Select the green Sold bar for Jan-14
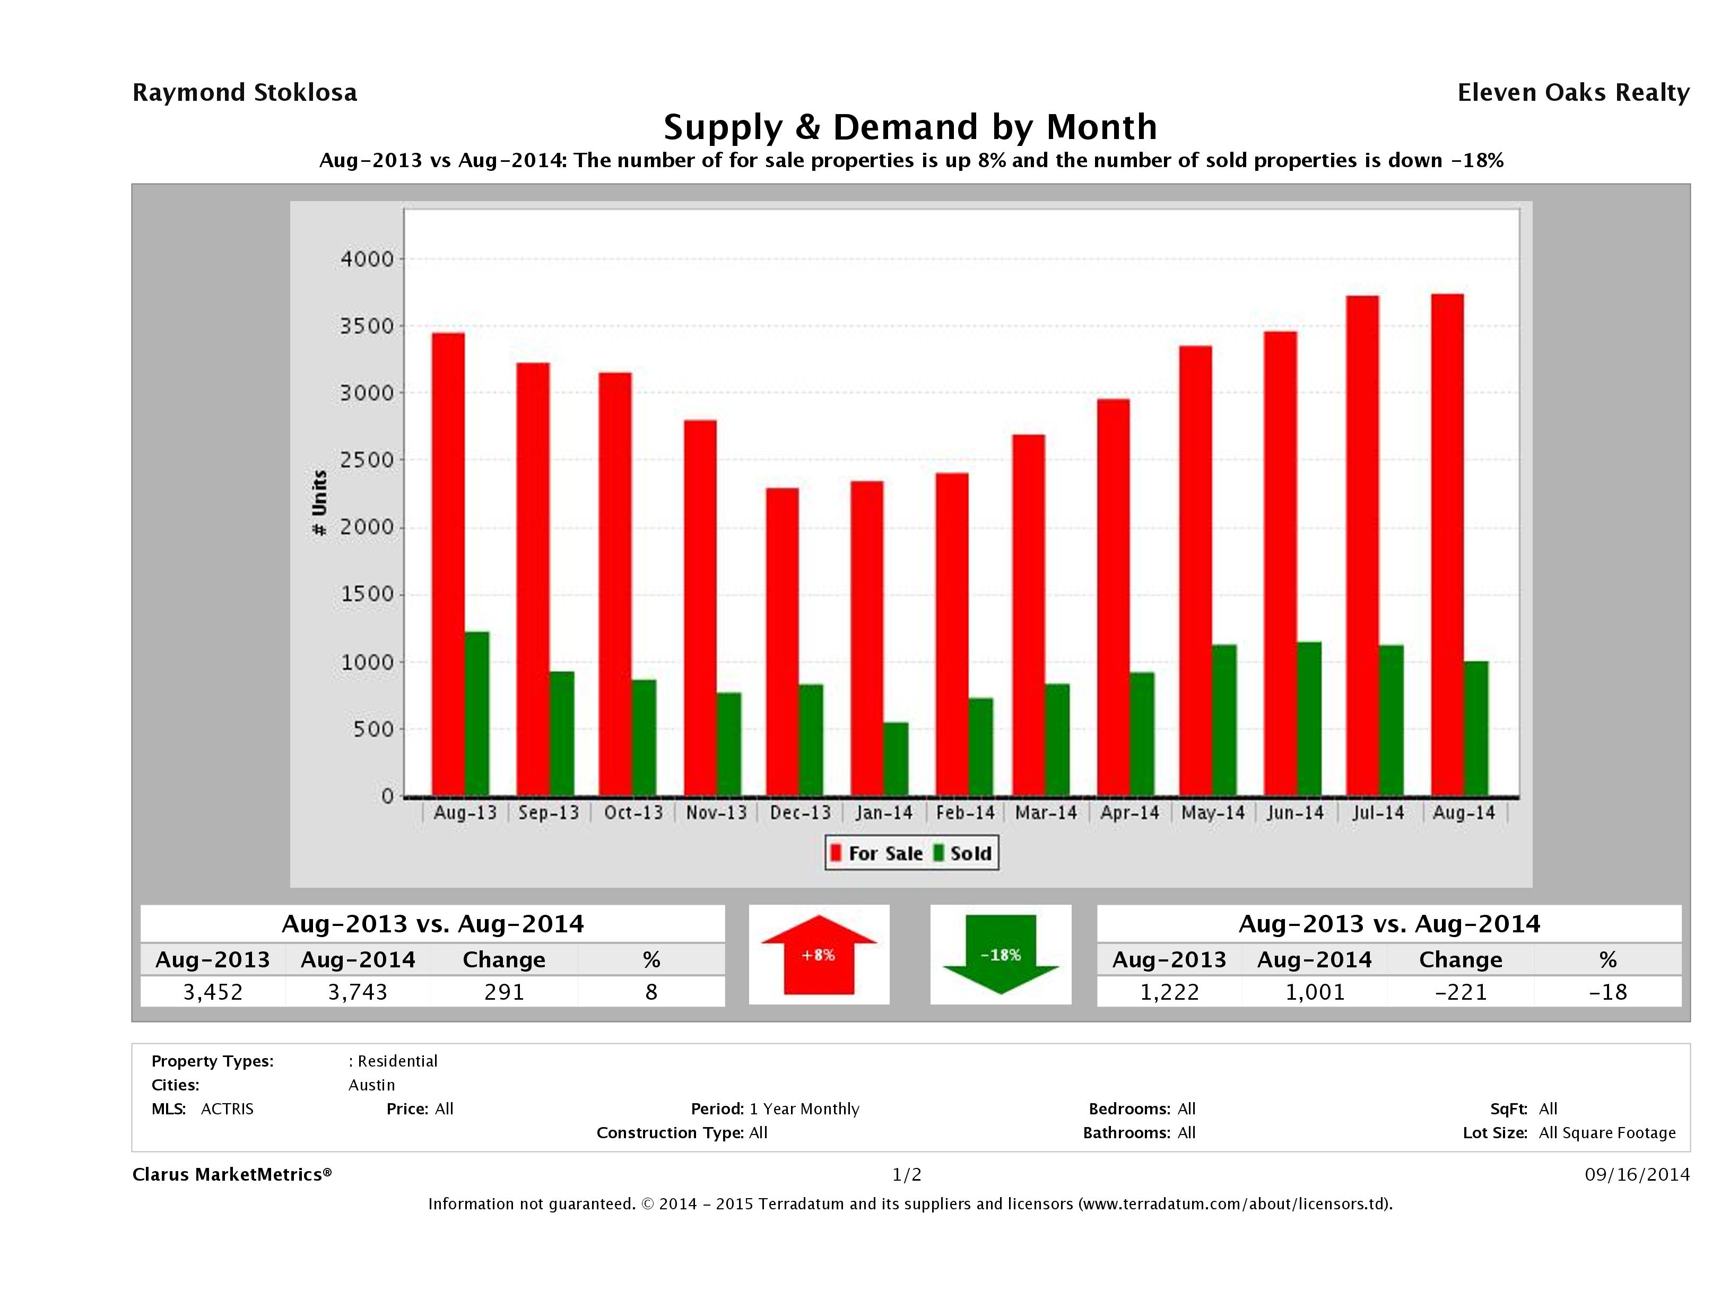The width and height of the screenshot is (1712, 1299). (896, 759)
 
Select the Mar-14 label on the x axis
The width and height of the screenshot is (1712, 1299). (1046, 813)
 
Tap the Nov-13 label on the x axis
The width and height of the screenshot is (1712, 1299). (716, 813)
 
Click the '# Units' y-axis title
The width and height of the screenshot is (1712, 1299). (319, 503)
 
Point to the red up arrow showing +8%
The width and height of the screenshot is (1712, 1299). (818, 955)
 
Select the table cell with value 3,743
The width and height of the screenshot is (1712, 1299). (358, 992)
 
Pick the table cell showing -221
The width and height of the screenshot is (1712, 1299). (1461, 992)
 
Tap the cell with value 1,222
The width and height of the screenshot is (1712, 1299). (1169, 992)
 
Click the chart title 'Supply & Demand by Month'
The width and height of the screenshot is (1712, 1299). (910, 127)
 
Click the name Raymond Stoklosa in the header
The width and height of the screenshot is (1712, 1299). (245, 92)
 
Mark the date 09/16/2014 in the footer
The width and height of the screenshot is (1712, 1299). (1636, 1174)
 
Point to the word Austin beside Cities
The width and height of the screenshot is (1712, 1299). (371, 1085)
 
